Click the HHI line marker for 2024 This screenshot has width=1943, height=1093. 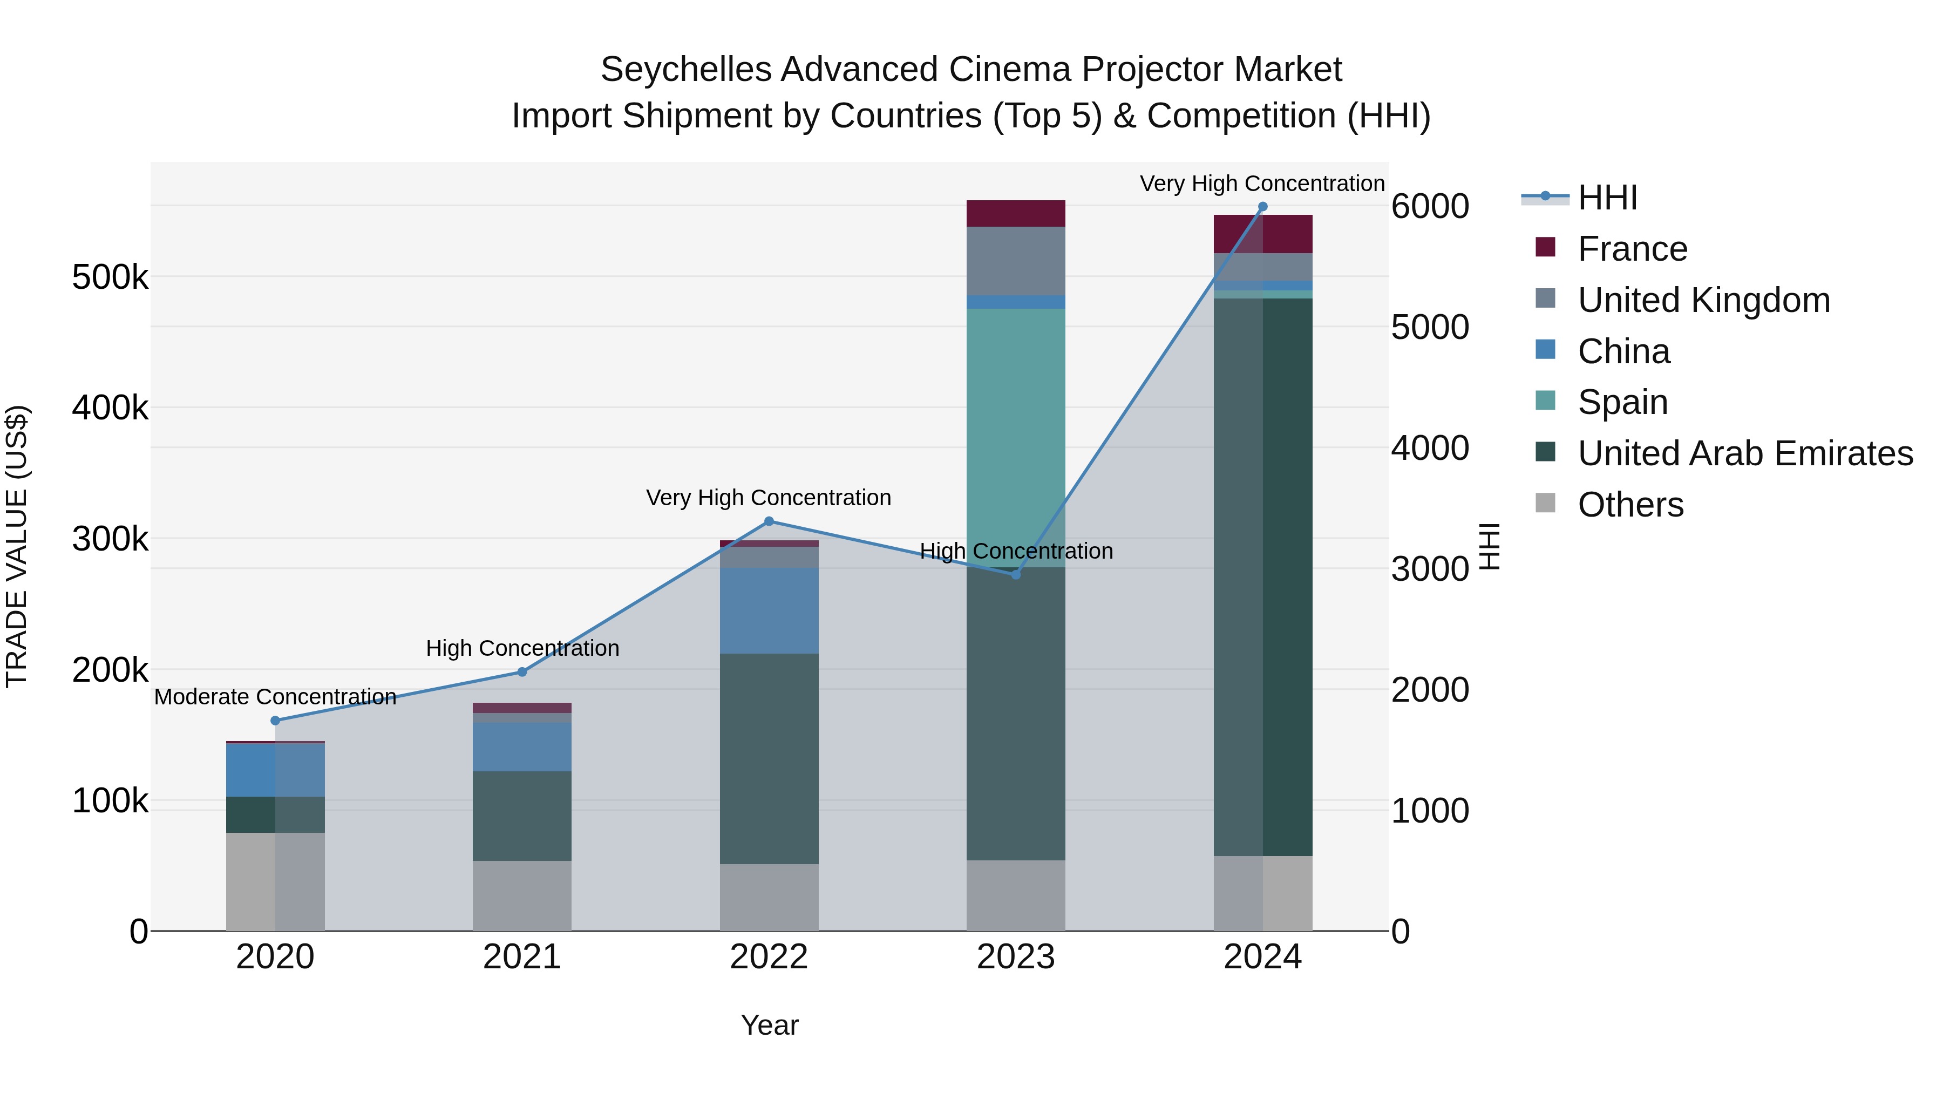tap(1262, 207)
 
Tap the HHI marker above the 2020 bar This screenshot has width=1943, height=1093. tap(275, 721)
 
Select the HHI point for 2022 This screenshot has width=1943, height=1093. tap(769, 521)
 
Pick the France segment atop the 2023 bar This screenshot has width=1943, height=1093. tap(1015, 213)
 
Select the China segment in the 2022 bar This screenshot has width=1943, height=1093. tap(769, 610)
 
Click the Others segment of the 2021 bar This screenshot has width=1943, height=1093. tap(522, 895)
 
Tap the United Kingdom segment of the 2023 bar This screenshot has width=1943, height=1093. tap(1015, 260)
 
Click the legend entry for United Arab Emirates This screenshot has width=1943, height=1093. tap(1745, 453)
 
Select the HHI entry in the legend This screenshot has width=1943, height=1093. tap(1607, 198)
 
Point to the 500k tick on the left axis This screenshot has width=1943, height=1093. tap(110, 277)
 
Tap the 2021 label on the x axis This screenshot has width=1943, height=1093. tap(522, 957)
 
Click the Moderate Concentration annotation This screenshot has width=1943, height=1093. tap(275, 696)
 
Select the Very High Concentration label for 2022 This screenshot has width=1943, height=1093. tap(769, 498)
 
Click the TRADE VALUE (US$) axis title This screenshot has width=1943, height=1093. tap(17, 546)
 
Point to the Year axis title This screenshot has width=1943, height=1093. tap(769, 1025)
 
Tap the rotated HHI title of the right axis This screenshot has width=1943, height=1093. tap(1490, 546)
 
